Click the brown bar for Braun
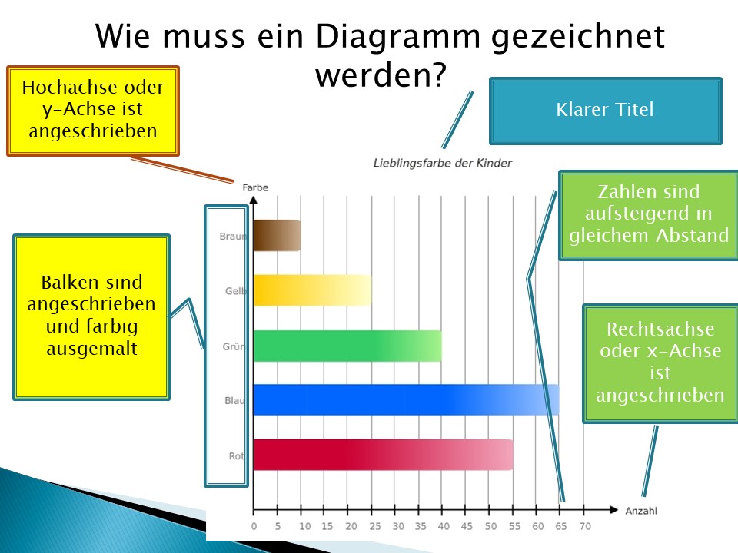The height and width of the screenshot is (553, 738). (277, 235)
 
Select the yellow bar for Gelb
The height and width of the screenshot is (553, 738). (313, 290)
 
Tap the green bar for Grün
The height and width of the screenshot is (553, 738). (347, 346)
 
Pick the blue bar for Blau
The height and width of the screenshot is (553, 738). (406, 399)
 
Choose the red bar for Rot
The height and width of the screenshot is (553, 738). (383, 455)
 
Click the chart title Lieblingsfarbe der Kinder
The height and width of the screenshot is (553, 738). (443, 163)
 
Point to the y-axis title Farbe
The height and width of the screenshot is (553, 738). (255, 187)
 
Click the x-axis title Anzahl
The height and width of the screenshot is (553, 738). (641, 511)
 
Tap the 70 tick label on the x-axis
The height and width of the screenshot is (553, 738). (585, 526)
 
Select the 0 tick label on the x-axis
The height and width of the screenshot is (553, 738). (254, 526)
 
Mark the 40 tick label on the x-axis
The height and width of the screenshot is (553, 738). (444, 526)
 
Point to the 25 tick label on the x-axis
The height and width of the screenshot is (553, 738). (374, 526)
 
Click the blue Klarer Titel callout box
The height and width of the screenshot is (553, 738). (605, 111)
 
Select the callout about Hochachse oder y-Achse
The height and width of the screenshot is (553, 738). (93, 111)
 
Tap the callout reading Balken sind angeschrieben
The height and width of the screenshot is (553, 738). (91, 317)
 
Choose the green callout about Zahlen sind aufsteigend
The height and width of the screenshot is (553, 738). (649, 215)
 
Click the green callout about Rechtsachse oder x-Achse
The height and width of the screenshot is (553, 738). (660, 363)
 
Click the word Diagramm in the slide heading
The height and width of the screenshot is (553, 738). (398, 36)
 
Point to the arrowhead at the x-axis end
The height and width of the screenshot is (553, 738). (613, 510)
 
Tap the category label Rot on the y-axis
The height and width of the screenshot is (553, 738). (236, 455)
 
